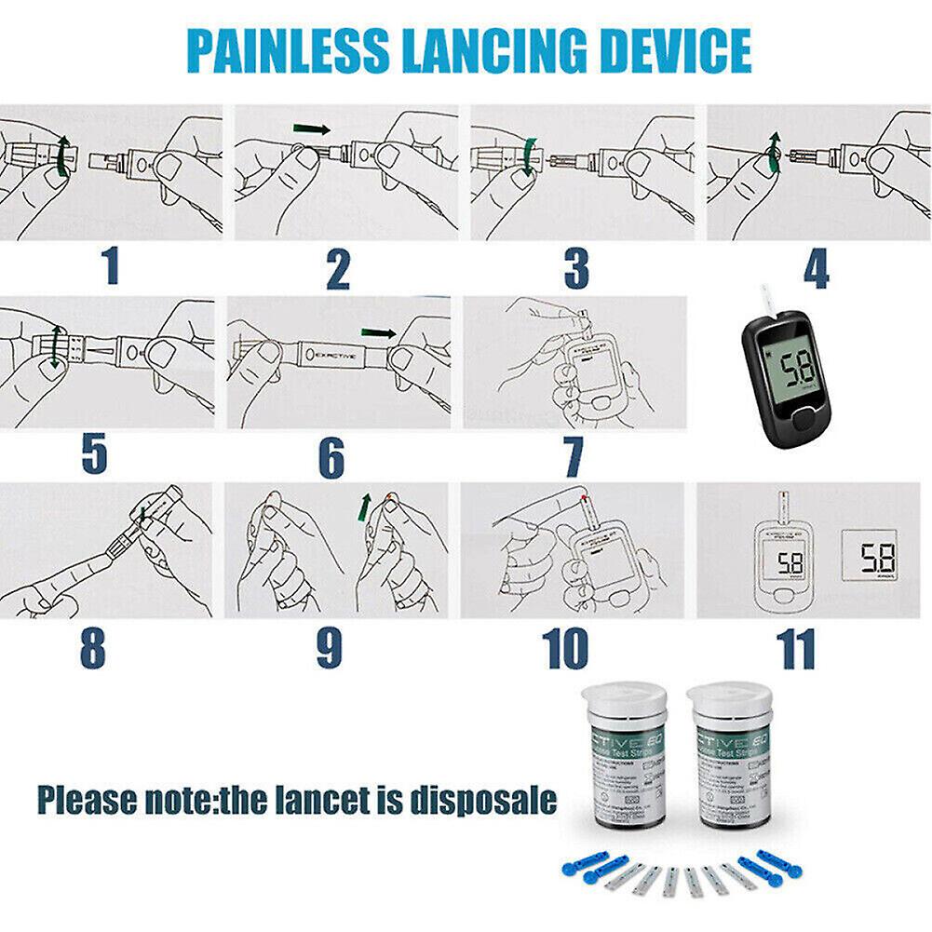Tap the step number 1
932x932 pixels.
[x=111, y=267]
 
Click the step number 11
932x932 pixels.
[x=798, y=648]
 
